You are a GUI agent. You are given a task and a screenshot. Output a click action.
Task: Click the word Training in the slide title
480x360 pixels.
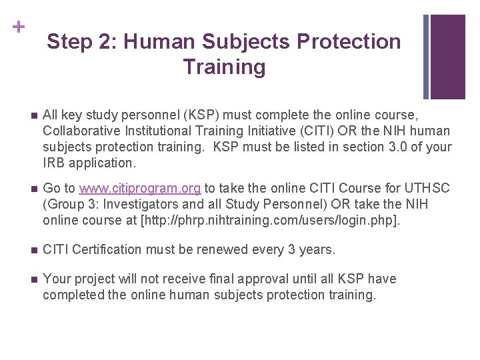point(223,67)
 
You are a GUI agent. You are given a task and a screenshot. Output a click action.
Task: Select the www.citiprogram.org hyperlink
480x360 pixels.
point(140,189)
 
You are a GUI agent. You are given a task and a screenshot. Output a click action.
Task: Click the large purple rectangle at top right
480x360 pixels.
point(447,56)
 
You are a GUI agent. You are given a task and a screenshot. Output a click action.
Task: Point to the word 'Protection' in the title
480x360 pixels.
point(349,42)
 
